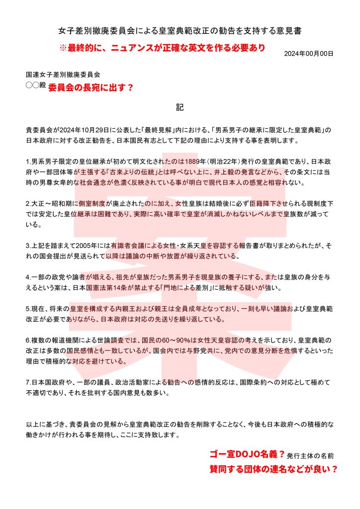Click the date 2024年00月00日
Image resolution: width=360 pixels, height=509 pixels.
click(x=308, y=53)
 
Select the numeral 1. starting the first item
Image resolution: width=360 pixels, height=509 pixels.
click(x=28, y=162)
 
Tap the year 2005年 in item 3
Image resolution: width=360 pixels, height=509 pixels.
click(x=84, y=246)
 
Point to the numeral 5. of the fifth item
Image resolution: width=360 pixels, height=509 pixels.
click(x=28, y=309)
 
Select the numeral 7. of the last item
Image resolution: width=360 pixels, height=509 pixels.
click(x=28, y=383)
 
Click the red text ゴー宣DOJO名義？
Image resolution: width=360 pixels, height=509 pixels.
click(x=247, y=454)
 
